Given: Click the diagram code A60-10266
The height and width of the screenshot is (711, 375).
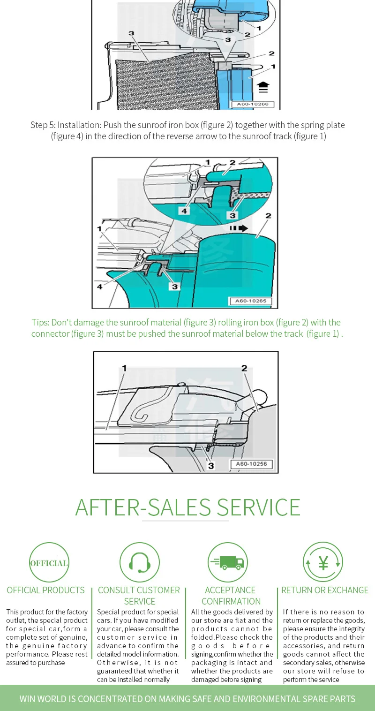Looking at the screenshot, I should [252, 104].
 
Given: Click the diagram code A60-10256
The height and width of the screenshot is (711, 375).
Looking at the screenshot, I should [251, 464].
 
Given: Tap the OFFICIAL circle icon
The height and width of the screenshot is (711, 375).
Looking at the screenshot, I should [49, 562].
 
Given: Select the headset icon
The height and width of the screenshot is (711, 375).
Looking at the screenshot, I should [139, 562].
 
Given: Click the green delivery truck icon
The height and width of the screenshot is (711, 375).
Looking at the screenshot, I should [228, 562].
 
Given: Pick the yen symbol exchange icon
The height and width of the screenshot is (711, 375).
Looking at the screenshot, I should [323, 562].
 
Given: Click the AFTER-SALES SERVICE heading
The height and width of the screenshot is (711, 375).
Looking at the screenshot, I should [187, 507].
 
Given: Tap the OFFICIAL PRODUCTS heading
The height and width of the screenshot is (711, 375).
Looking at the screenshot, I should [45, 590].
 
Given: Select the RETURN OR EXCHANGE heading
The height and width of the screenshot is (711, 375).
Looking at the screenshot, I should [325, 590].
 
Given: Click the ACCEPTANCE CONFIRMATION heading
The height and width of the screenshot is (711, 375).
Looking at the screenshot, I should [231, 596].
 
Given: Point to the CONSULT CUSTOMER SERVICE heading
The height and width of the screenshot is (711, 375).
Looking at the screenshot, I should [139, 596].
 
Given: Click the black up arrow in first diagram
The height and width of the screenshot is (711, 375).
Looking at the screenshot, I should [263, 87].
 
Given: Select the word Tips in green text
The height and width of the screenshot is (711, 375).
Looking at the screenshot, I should [40, 322].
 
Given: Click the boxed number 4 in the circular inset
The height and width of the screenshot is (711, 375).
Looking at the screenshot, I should [185, 211].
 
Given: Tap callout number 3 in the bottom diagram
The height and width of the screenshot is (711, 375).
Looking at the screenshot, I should [211, 465].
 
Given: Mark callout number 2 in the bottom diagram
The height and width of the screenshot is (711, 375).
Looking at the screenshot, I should [244, 369].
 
